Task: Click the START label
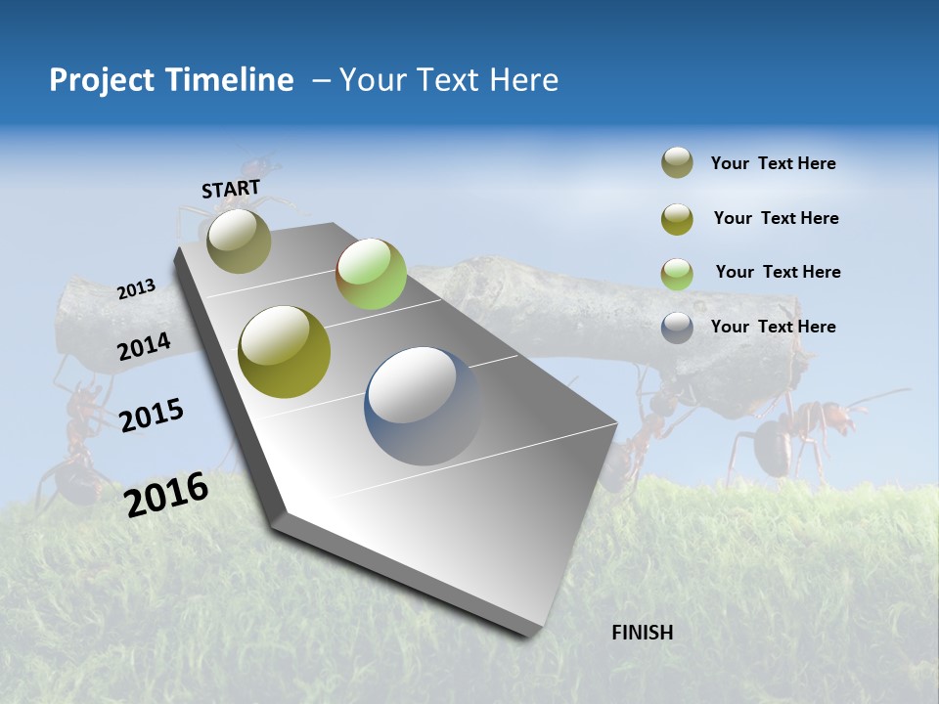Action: [231, 189]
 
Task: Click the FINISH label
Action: [642, 633]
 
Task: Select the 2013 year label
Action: [136, 289]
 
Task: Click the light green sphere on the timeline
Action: [371, 274]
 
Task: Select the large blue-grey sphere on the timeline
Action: [424, 406]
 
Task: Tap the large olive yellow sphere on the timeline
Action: [284, 351]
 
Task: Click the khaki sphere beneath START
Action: [239, 241]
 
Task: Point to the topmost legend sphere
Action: [677, 163]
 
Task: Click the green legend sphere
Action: [677, 274]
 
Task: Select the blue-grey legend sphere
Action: [677, 328]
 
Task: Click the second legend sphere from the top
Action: [677, 219]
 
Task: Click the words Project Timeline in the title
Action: [171, 80]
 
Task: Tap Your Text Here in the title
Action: [448, 80]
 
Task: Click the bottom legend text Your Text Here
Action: [773, 327]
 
